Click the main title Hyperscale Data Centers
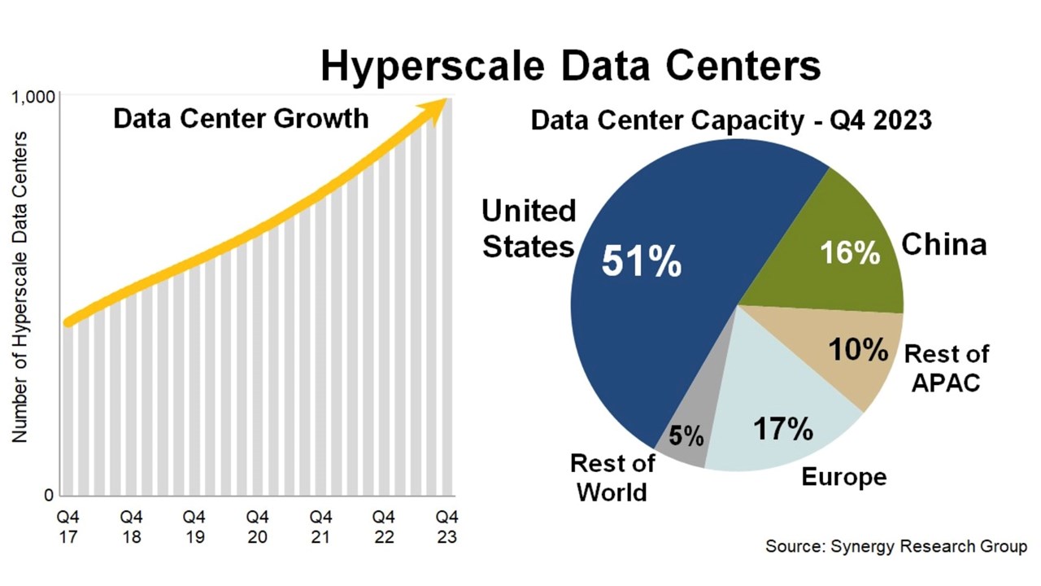[570, 65]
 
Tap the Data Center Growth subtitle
[241, 119]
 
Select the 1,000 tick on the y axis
[33, 98]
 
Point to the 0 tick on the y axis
[47, 496]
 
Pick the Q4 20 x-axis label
[257, 527]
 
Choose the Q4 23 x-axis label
[446, 527]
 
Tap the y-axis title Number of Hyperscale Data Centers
[20, 286]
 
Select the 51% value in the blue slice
[641, 261]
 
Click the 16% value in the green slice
[850, 252]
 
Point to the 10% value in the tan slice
[858, 350]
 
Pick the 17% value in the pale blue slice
[782, 428]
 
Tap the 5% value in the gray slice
[686, 437]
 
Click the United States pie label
[529, 228]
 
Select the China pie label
[944, 243]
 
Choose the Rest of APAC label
[947, 368]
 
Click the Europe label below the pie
[843, 477]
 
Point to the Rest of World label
[612, 478]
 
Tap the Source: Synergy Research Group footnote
[896, 546]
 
